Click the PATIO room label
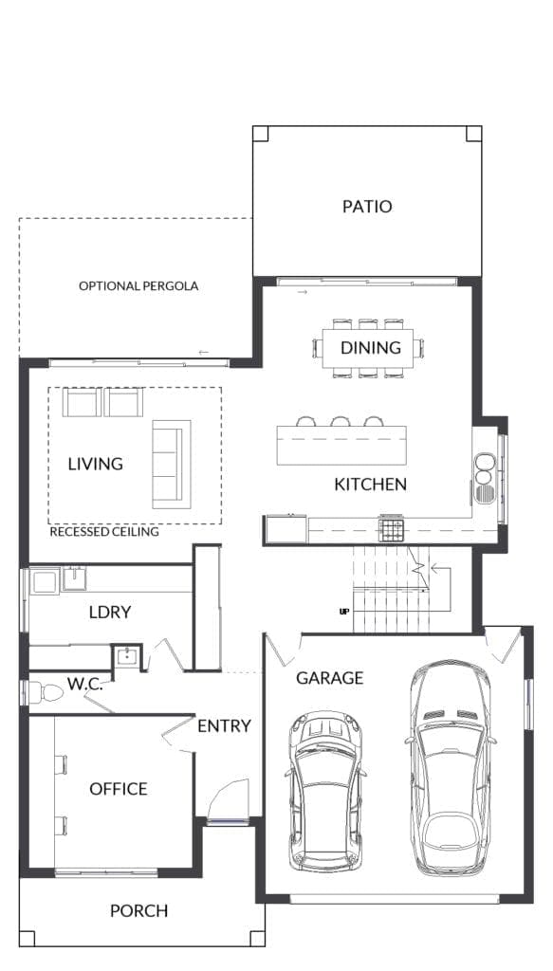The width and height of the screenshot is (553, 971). click(x=367, y=207)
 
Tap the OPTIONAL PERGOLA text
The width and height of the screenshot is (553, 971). click(x=138, y=285)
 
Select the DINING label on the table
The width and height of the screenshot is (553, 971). click(x=371, y=348)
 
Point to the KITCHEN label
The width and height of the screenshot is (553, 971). click(x=370, y=485)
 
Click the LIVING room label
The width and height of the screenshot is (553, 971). click(x=95, y=464)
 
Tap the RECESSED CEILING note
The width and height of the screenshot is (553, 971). click(x=104, y=532)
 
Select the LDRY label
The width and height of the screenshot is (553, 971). click(x=110, y=613)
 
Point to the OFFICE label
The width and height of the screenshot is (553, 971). click(x=119, y=789)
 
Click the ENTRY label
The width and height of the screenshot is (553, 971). click(x=224, y=726)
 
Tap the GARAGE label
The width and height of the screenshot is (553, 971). click(x=329, y=678)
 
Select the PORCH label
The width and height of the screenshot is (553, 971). click(x=138, y=911)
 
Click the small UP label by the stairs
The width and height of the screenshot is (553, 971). click(x=344, y=612)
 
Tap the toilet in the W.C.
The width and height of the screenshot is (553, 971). click(x=46, y=693)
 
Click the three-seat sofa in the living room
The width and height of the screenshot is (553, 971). click(x=171, y=463)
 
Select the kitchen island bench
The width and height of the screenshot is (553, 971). click(x=341, y=445)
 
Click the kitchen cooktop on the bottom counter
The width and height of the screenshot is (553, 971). click(x=392, y=526)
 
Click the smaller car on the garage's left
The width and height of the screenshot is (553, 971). click(x=325, y=791)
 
